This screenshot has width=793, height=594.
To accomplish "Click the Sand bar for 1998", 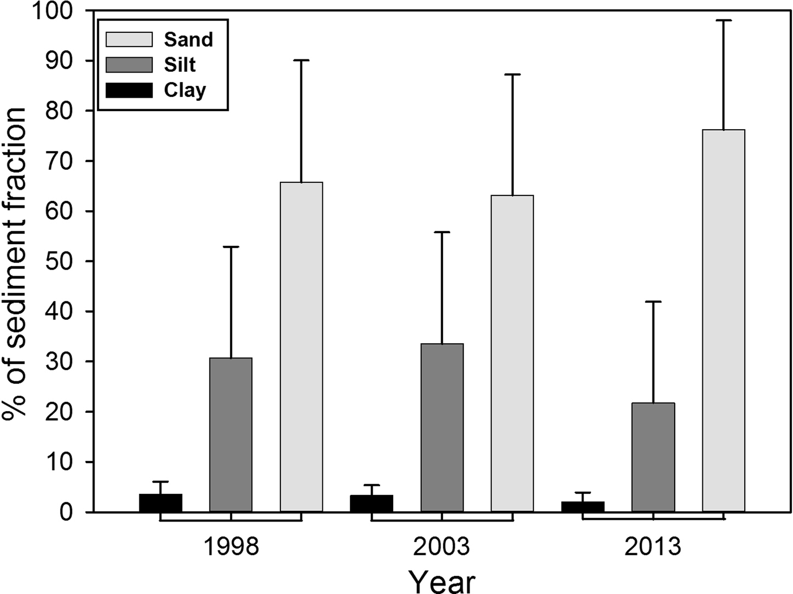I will click(x=301, y=347).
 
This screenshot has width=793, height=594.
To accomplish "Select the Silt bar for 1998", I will click(x=231, y=434).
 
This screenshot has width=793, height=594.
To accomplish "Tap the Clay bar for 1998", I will click(x=160, y=503).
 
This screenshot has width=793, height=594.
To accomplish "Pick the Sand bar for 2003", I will click(x=512, y=353).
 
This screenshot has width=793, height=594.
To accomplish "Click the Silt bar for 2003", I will click(x=442, y=428).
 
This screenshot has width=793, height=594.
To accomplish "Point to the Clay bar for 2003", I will click(x=371, y=503).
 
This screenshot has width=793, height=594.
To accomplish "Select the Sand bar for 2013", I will click(x=723, y=320).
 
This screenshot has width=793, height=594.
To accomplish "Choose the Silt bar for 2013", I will click(x=653, y=457).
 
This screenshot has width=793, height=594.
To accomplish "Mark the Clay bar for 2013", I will click(x=582, y=506).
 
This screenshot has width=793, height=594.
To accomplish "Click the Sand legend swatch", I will click(x=129, y=39).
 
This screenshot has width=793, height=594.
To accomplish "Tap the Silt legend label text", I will click(x=180, y=65).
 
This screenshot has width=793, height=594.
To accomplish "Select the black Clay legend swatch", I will click(x=129, y=90).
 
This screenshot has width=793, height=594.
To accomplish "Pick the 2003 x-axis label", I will click(x=442, y=547).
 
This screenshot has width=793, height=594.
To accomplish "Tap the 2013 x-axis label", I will click(x=653, y=547).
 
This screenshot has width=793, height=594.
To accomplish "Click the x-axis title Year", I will click(x=442, y=580).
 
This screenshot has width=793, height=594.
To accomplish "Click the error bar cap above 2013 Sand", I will click(x=723, y=20).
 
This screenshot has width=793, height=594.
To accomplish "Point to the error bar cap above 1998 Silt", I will click(x=231, y=247).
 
